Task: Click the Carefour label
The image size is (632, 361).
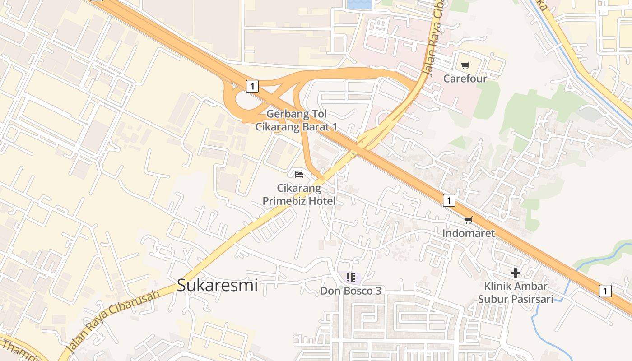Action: click(x=465, y=79)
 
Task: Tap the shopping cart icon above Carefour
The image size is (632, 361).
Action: click(x=465, y=66)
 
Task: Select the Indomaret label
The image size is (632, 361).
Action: click(x=468, y=233)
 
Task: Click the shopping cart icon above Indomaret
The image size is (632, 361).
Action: click(x=468, y=220)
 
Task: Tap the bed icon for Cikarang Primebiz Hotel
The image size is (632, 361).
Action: click(x=298, y=174)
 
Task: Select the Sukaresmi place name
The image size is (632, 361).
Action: click(x=217, y=285)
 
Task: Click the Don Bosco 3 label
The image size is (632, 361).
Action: click(x=351, y=291)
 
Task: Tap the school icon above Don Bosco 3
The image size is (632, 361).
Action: click(x=351, y=277)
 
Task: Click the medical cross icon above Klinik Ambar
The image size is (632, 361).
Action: click(x=515, y=273)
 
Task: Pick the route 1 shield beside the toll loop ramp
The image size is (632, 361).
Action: click(x=252, y=86)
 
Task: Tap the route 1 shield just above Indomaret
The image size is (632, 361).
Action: click(x=449, y=200)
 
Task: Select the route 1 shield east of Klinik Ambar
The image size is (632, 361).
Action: click(x=605, y=291)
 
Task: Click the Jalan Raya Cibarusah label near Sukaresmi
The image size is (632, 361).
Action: click(x=113, y=321)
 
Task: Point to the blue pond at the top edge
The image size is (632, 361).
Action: click(x=359, y=5)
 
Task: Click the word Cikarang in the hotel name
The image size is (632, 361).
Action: click(x=299, y=188)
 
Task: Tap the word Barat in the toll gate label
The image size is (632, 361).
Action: click(x=316, y=127)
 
